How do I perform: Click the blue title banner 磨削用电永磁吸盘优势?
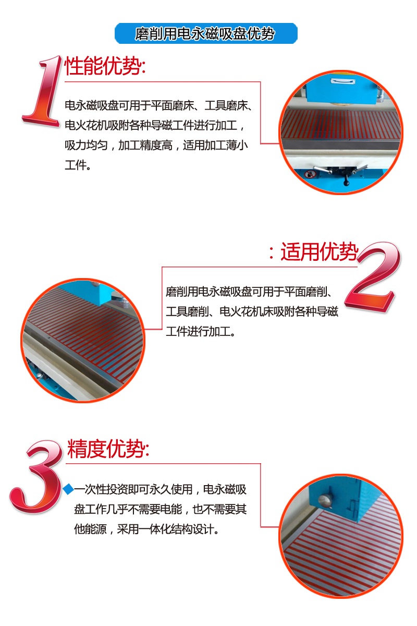pyautogui.click(x=206, y=33)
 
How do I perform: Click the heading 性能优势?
pyautogui.click(x=105, y=66)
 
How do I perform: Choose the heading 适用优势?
pyautogui.click(x=314, y=251)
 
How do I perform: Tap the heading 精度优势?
pyautogui.click(x=108, y=449)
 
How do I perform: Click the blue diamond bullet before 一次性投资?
pyautogui.click(x=68, y=489)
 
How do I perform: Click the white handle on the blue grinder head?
pyautogui.click(x=342, y=81)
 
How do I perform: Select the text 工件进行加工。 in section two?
pyautogui.click(x=201, y=331)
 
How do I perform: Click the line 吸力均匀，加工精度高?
pyautogui.click(x=118, y=145)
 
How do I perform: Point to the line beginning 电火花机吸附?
pyautogui.click(x=155, y=125)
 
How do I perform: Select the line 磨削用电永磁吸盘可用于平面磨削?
pyautogui.click(x=249, y=292)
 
